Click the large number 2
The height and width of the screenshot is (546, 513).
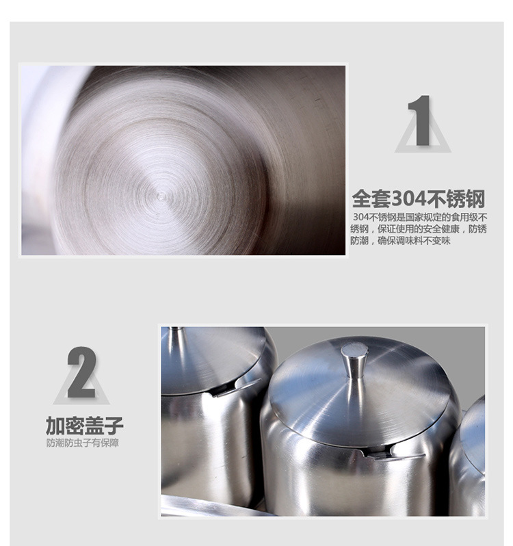82,372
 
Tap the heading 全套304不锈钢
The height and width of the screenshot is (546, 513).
419,198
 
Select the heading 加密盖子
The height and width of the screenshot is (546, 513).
85,425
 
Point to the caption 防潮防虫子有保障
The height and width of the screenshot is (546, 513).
83,443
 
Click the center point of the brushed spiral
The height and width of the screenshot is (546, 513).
161,197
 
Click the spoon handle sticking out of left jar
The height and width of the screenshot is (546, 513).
237,387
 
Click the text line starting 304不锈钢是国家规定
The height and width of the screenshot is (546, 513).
420,218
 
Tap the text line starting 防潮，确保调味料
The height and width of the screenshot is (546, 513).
400,241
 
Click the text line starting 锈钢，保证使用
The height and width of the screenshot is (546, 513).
419,229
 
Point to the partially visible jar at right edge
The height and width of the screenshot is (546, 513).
467,456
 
